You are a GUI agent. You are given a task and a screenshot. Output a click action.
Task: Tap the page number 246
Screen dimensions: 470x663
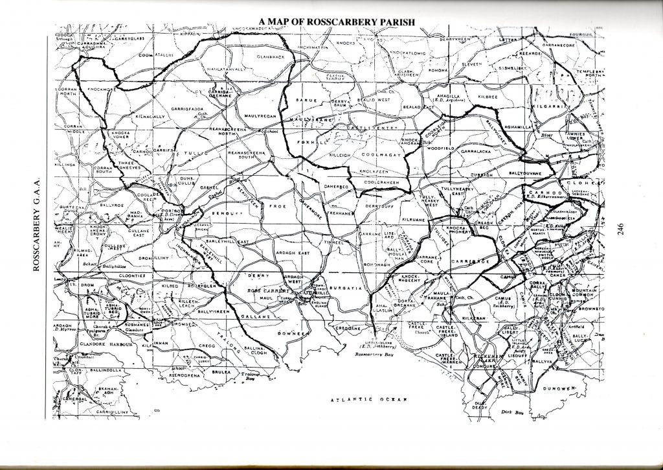pos(620,230)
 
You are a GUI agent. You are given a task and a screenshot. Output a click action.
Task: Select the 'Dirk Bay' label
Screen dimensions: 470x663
pos(512,412)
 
